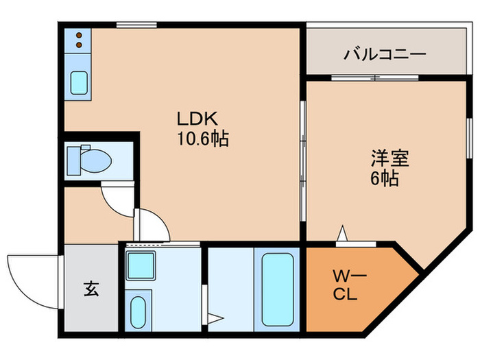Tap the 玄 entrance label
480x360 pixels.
point(91,289)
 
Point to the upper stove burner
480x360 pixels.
point(79,35)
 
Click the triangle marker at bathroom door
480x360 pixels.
point(215,317)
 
